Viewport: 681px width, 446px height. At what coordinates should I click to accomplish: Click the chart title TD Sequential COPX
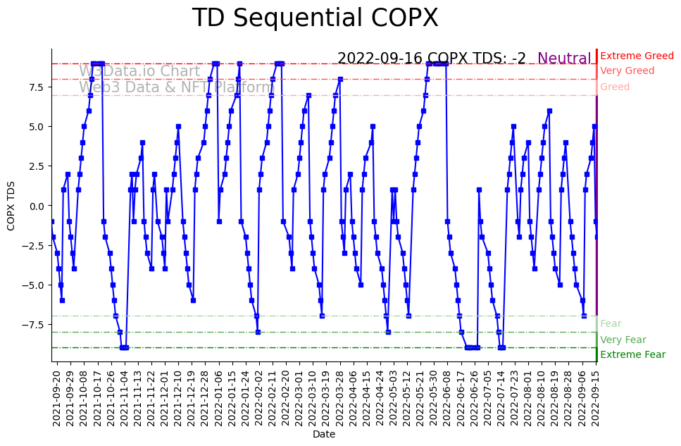(315, 18)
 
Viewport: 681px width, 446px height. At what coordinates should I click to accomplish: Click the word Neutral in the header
(564, 59)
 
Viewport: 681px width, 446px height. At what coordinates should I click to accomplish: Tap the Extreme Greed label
(637, 56)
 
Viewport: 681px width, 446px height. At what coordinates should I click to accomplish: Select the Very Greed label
(627, 71)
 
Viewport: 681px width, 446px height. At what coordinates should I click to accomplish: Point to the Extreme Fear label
(632, 355)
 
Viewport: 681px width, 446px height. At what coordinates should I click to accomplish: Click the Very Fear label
(623, 340)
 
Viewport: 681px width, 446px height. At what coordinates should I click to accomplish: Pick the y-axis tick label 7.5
(36, 87)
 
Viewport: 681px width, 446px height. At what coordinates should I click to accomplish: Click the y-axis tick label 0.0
(36, 206)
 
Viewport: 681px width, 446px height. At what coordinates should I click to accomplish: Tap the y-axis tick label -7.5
(33, 325)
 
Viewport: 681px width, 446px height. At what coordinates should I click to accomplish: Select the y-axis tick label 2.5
(36, 166)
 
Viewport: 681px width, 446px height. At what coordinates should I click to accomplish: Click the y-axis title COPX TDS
(11, 206)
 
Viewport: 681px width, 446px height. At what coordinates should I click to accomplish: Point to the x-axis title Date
(323, 435)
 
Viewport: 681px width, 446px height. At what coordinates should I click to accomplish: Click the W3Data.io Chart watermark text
(139, 71)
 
